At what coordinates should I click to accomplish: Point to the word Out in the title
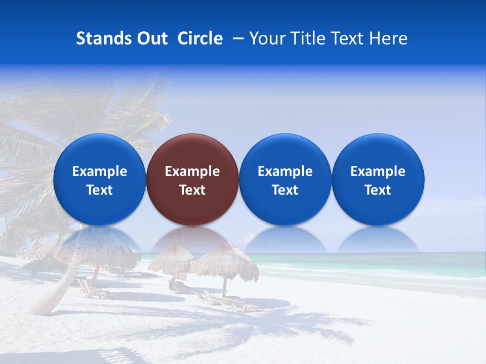tap(151, 38)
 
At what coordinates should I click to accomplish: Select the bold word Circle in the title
tap(200, 38)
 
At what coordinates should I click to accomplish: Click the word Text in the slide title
tap(347, 38)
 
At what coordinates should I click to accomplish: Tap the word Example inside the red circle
tap(192, 171)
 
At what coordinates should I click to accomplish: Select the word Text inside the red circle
tap(192, 190)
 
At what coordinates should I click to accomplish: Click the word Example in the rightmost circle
tap(378, 171)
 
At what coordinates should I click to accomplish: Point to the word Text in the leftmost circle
tap(99, 190)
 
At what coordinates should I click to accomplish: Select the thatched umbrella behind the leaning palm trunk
tap(101, 248)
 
